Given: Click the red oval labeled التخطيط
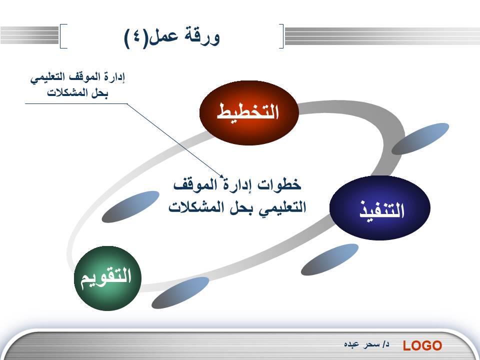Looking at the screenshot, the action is [x=249, y=112].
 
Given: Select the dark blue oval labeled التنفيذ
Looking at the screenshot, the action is [x=380, y=208].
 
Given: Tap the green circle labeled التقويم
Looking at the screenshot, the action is [x=108, y=278].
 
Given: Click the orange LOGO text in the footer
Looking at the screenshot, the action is [x=422, y=345].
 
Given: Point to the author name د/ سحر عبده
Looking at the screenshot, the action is [x=366, y=344].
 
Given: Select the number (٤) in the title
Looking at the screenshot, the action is [x=136, y=37].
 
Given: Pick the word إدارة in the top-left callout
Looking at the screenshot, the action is [x=115, y=77].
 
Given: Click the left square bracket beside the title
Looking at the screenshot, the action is [x=63, y=36].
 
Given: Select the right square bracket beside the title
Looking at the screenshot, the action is [x=281, y=36].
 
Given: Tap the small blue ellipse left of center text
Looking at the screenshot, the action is [x=130, y=207].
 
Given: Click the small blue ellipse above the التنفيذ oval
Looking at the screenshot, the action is [x=420, y=138].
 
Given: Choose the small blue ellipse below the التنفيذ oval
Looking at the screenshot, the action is [x=329, y=259].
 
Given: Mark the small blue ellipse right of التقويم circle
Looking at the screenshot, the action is [x=180, y=293].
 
